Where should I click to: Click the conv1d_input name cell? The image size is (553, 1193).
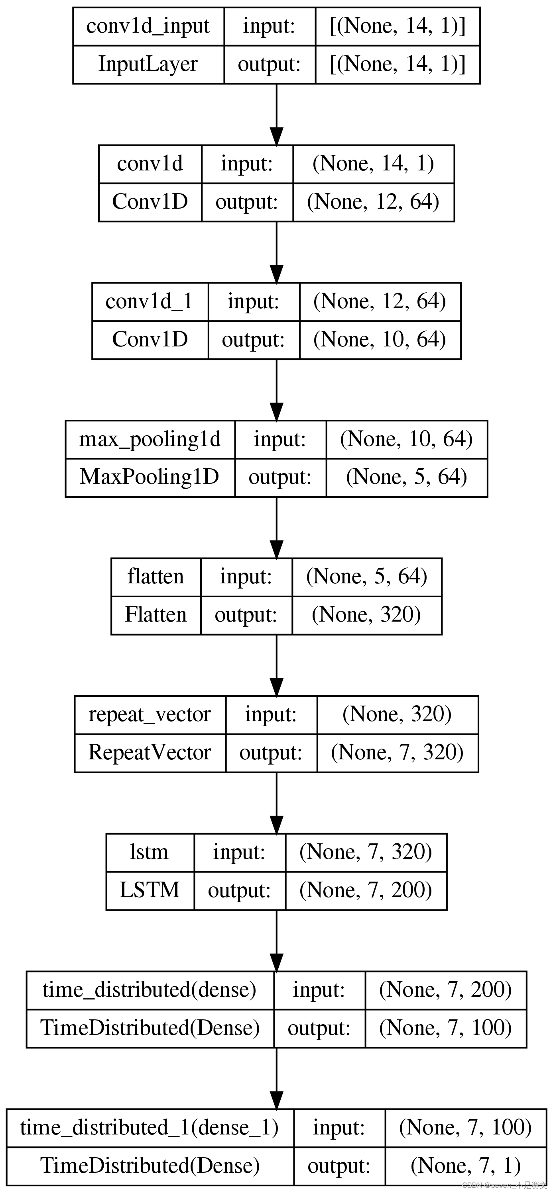(x=148, y=26)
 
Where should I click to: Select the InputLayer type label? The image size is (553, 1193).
(x=148, y=64)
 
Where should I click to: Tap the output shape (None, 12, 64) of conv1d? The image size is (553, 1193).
(x=373, y=202)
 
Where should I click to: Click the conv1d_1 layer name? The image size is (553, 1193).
(x=149, y=301)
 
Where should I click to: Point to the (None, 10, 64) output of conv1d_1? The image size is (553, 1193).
(x=380, y=340)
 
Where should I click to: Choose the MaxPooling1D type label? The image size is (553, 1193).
(x=149, y=477)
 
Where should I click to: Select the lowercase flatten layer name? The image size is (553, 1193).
(x=156, y=577)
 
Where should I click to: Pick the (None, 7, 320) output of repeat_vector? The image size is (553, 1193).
(x=397, y=752)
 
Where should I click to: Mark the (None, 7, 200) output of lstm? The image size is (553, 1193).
(x=366, y=890)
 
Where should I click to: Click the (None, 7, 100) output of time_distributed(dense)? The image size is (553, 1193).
(x=445, y=1028)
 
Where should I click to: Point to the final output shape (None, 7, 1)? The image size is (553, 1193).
(x=465, y=1165)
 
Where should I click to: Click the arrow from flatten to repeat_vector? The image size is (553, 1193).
(x=276, y=665)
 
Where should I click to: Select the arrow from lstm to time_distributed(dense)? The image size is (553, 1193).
(x=276, y=940)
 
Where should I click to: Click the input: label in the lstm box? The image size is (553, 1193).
(x=239, y=852)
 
